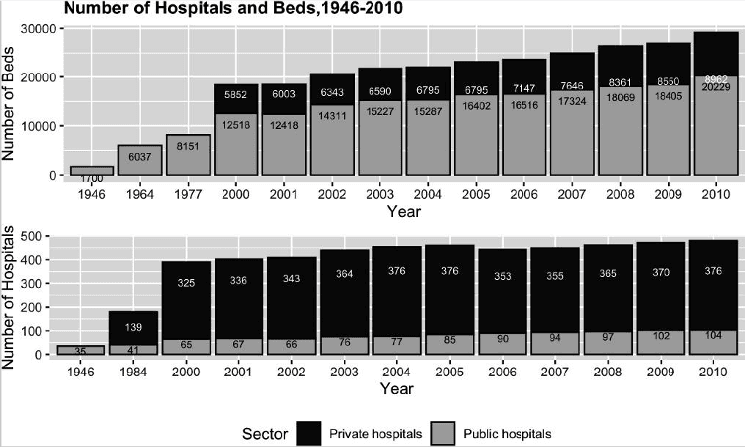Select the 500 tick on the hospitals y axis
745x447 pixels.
coord(41,237)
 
